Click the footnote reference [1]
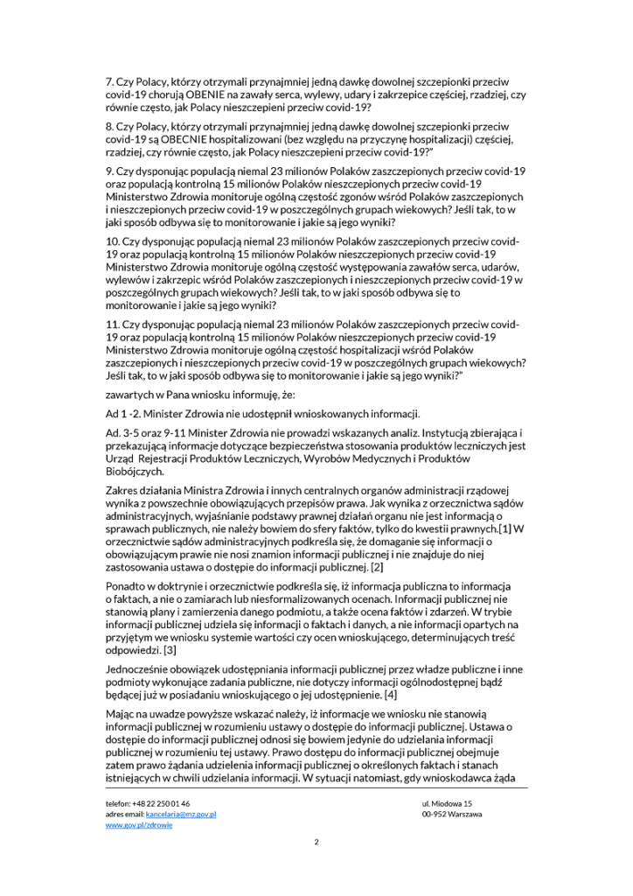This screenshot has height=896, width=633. tap(505, 529)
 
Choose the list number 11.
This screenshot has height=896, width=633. tap(112, 324)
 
